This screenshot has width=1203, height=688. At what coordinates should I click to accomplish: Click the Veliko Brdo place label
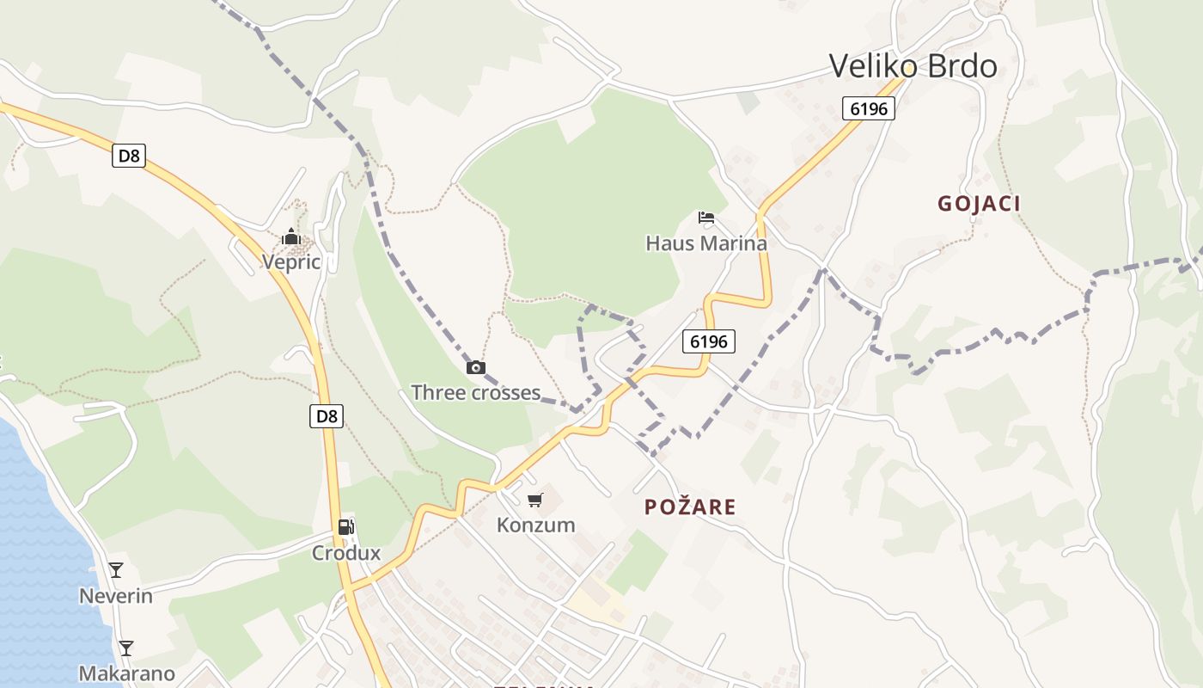tap(913, 66)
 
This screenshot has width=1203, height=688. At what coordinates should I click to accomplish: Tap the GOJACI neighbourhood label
tap(979, 204)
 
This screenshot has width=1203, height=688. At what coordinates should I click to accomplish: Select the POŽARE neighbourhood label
tap(690, 507)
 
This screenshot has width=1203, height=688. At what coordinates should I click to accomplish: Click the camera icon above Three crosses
tap(475, 368)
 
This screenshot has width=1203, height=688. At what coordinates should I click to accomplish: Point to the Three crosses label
tap(475, 393)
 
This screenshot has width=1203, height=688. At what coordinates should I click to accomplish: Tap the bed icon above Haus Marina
tap(706, 218)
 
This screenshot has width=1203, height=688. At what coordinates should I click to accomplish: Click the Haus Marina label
tap(706, 243)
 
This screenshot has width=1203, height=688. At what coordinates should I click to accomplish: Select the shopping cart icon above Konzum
tap(535, 500)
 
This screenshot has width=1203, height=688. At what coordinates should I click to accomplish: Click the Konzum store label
tap(535, 525)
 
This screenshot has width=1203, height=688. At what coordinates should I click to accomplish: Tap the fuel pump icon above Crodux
tap(345, 527)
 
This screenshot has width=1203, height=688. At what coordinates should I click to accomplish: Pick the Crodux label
tap(345, 553)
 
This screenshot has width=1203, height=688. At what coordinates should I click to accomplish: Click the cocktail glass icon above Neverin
tap(116, 570)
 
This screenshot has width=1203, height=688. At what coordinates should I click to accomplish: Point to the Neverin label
tap(116, 596)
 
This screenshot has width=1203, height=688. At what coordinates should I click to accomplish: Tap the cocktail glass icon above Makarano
tap(126, 648)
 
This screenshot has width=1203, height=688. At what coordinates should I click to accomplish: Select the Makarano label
tap(126, 673)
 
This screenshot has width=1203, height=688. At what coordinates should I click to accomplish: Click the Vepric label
tap(291, 262)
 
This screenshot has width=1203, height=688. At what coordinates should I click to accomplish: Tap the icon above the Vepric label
tap(291, 236)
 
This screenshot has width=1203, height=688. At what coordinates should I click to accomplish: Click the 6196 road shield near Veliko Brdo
tap(869, 108)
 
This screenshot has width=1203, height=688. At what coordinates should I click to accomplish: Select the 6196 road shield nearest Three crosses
tap(709, 341)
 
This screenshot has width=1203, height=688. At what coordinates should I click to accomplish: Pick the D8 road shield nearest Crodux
tap(327, 417)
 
